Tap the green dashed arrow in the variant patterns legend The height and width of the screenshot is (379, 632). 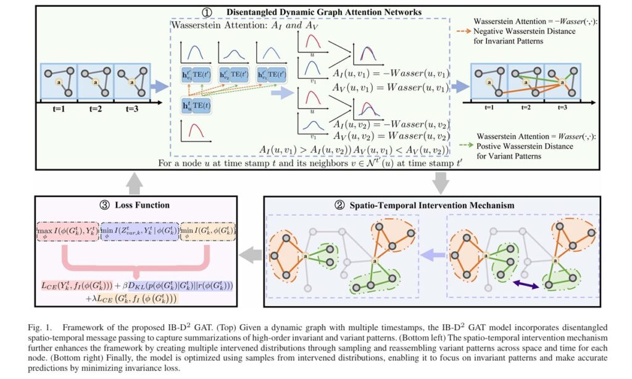coord(475,147)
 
